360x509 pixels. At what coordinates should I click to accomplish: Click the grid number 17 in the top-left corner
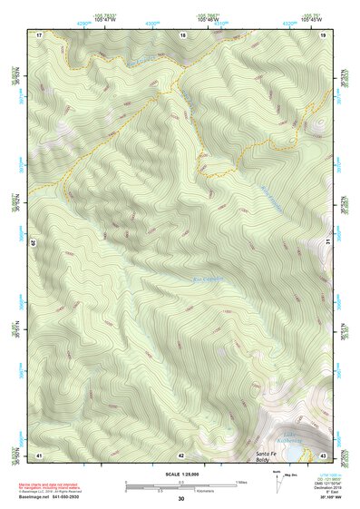pos(40,34)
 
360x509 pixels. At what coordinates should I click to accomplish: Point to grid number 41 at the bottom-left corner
pos(40,454)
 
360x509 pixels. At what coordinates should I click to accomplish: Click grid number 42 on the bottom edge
pos(181,454)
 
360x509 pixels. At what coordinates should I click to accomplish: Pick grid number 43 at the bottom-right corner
pos(323,454)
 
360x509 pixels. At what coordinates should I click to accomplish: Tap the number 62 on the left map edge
pos(36,243)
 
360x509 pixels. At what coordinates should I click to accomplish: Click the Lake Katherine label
pos(292,439)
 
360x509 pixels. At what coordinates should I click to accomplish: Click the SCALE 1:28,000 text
pos(180,475)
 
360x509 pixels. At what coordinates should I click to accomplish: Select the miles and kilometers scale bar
pos(181,486)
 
